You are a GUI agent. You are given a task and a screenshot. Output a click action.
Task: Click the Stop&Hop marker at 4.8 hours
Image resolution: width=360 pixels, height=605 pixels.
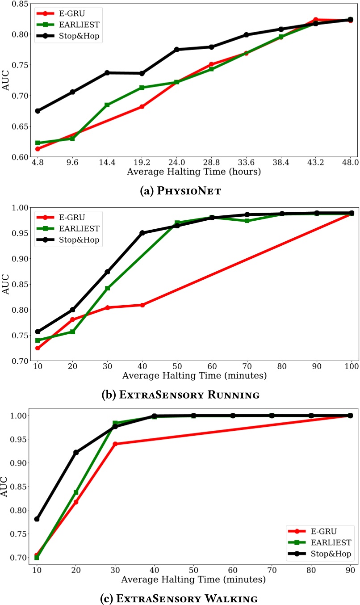click(38, 111)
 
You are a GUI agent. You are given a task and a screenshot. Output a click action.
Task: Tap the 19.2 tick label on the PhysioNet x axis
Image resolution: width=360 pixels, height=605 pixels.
click(142, 163)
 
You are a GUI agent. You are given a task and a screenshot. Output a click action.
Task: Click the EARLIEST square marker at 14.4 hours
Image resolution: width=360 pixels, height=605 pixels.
click(107, 105)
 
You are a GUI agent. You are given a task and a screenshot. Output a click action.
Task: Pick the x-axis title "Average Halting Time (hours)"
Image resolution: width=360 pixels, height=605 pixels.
click(193, 172)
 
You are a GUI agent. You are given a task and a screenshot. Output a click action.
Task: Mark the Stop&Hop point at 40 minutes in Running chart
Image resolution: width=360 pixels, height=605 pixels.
click(142, 233)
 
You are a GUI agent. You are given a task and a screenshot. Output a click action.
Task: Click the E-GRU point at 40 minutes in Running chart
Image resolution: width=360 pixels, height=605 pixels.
click(142, 305)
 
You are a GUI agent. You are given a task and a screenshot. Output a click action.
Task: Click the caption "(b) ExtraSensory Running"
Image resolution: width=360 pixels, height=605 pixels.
click(179, 395)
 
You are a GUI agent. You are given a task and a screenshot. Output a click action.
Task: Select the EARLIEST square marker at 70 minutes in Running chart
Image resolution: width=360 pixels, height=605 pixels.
click(247, 221)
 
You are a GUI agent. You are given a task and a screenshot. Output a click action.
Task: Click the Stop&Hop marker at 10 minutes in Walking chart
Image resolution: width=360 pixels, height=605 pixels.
click(37, 519)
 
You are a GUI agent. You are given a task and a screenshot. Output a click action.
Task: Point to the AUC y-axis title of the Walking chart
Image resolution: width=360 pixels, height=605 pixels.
click(6, 485)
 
